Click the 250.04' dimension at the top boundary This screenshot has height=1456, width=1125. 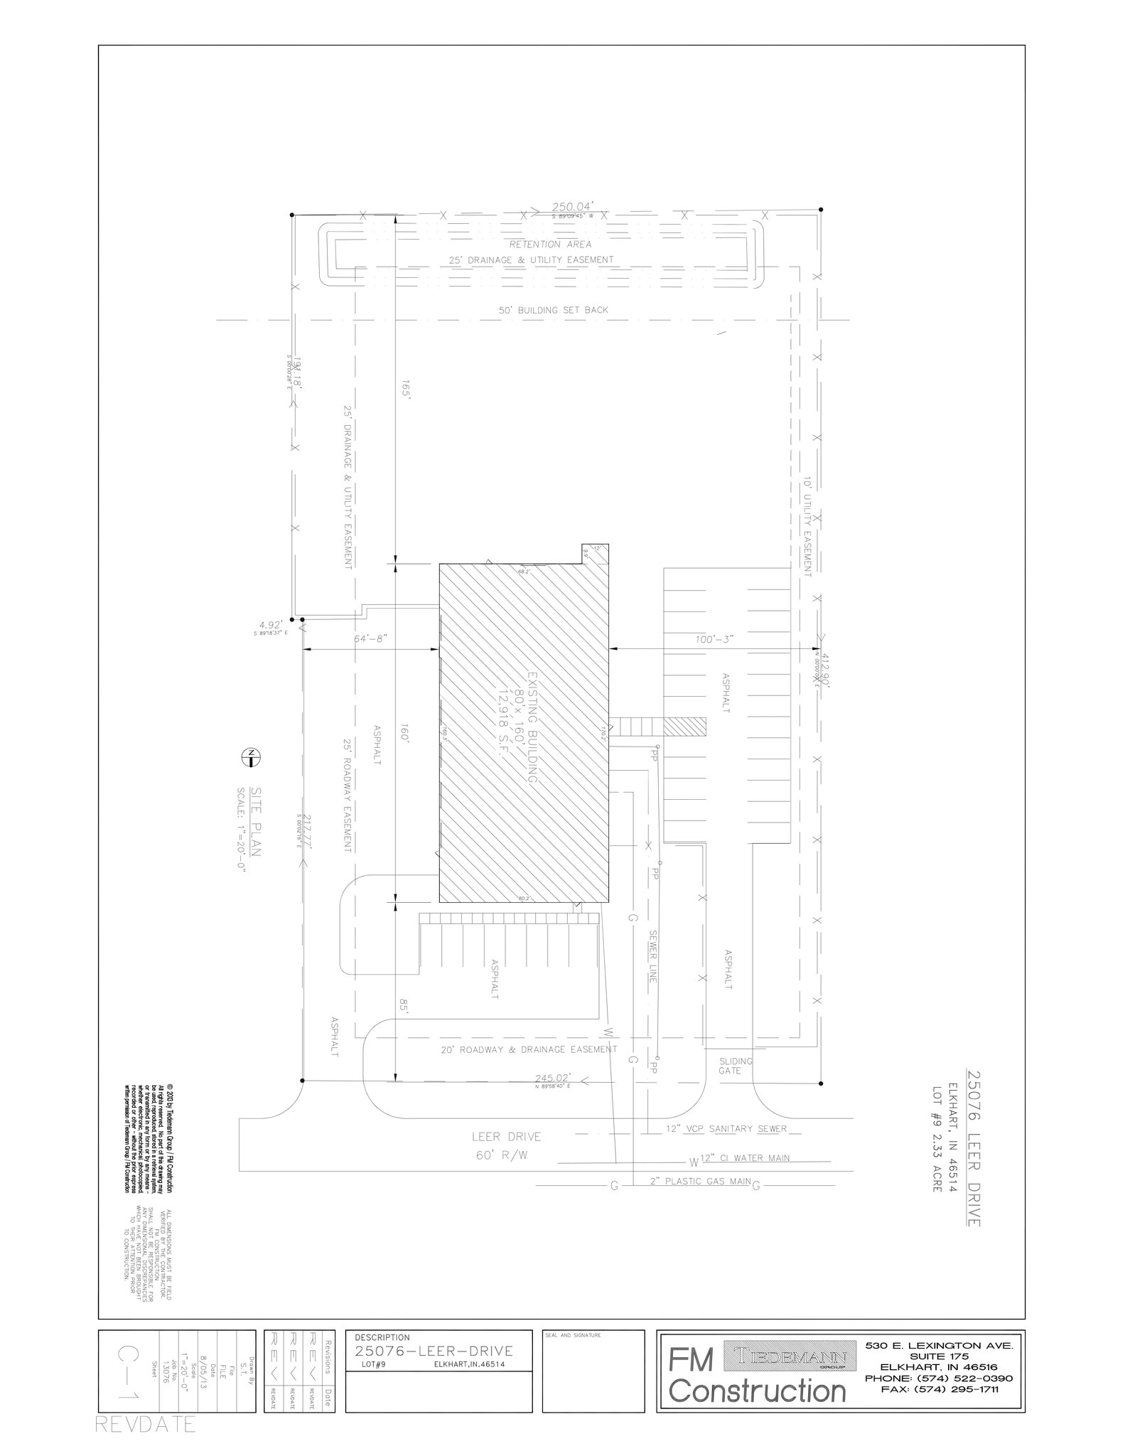point(572,206)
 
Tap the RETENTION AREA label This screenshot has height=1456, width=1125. point(550,245)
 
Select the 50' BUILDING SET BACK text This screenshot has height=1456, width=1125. point(553,310)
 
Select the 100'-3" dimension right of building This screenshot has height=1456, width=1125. point(714,639)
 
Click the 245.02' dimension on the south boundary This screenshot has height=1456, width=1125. point(554,1077)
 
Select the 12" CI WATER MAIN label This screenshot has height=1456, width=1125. point(745,1158)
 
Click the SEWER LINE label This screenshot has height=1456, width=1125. point(652,956)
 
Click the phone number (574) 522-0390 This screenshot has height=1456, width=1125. point(939,1379)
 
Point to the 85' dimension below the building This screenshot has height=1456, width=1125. point(404,1006)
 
